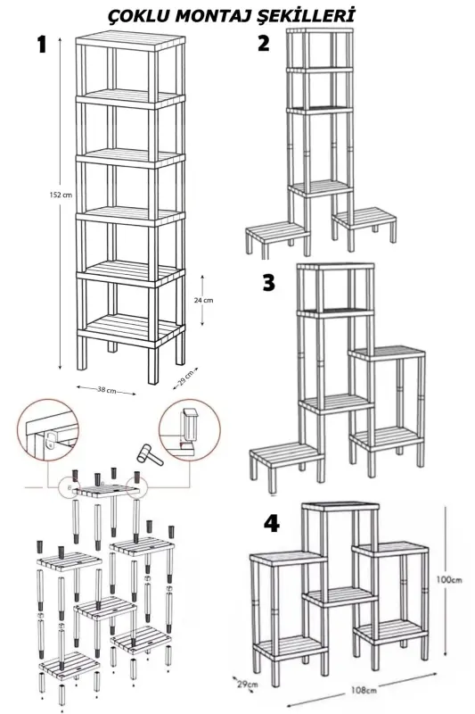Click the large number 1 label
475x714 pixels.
[40, 47]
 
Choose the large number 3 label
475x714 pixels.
[268, 283]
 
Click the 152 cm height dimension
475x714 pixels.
[61, 195]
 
